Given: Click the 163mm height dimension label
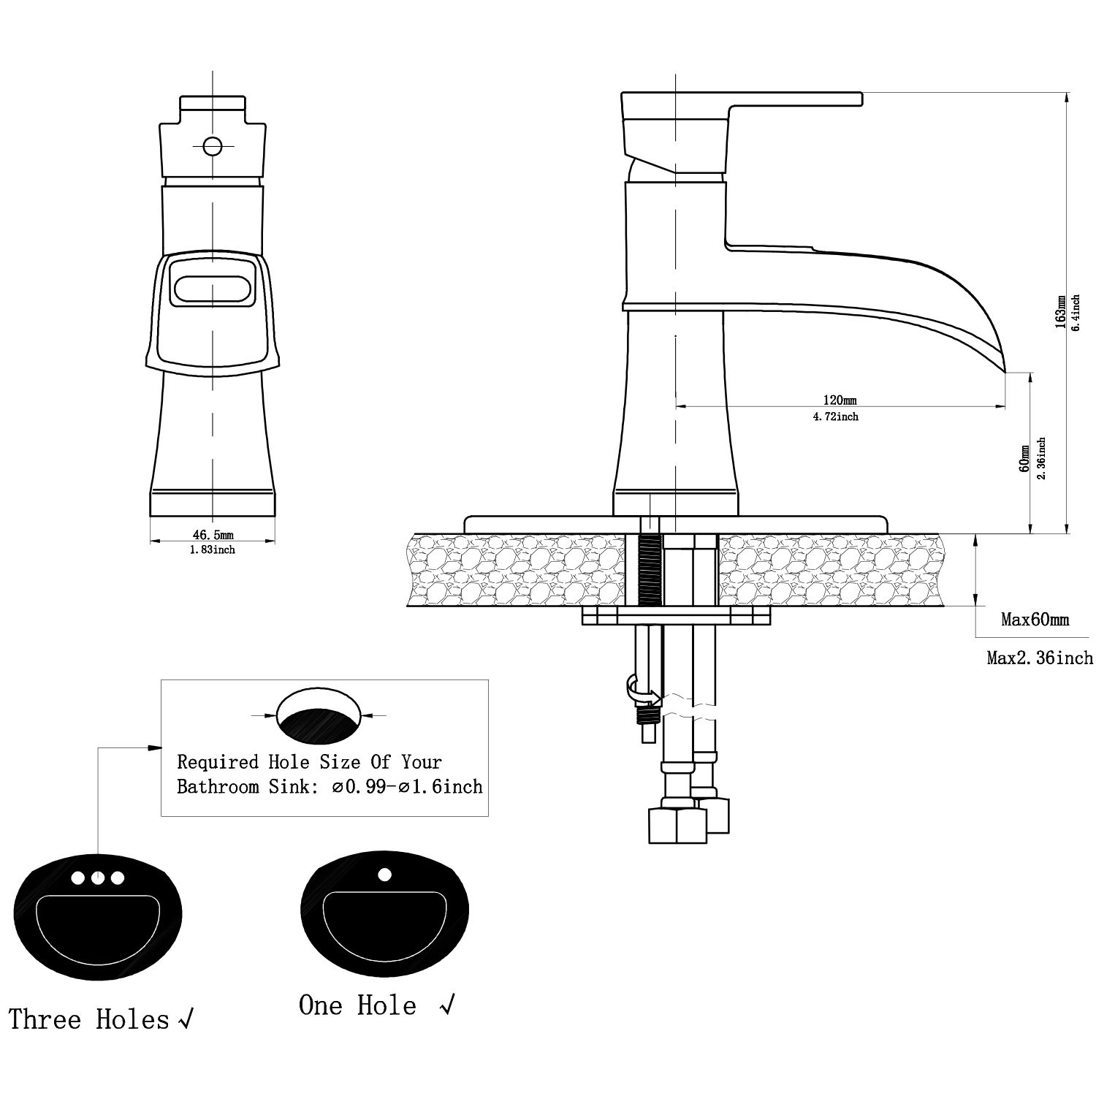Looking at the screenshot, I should [x=1060, y=313].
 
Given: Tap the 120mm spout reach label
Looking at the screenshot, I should [x=840, y=400].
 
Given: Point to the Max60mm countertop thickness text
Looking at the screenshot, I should [x=1035, y=620].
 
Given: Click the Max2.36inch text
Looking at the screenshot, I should [x=1040, y=658].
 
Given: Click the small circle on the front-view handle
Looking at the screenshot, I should [x=213, y=146].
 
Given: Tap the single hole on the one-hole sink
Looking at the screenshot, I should [x=384, y=873].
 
